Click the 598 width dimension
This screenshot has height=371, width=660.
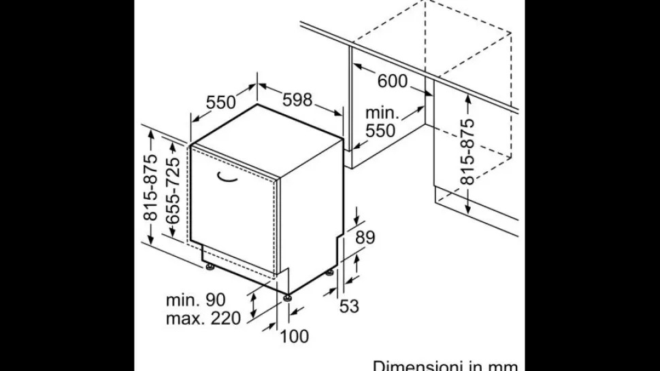point(297,100)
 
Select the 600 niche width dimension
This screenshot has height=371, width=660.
point(393,81)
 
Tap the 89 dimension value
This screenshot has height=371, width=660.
point(365,237)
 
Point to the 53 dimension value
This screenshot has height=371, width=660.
point(349,306)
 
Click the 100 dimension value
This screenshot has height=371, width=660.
point(294,336)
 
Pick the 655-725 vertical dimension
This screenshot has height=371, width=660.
point(173,190)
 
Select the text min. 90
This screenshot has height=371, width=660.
point(196,300)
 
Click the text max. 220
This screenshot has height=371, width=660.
point(203,318)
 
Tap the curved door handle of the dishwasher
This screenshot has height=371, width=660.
point(227,178)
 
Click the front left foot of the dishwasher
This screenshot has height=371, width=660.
point(210,266)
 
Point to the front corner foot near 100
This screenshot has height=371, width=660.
point(288,298)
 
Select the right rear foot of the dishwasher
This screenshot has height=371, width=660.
point(329,272)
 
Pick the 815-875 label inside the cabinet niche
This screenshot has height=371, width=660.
point(467,152)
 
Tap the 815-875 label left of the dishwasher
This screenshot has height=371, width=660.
point(150,188)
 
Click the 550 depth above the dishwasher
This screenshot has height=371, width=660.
point(221,102)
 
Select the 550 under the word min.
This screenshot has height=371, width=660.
point(380,130)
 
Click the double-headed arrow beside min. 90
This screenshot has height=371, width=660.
point(253,306)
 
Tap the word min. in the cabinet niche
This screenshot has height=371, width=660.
point(382,113)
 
